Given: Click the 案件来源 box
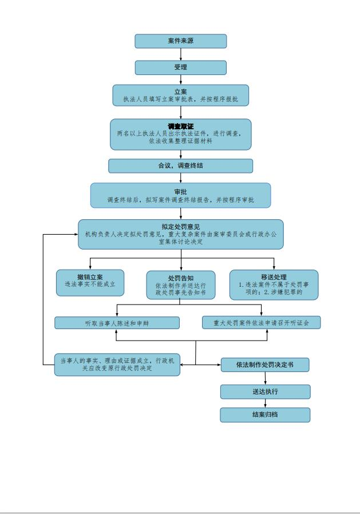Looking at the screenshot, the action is pyautogui.click(x=181, y=41).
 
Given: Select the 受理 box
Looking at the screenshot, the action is pyautogui.click(x=181, y=68).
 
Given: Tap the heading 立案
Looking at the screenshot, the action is pyautogui.click(x=181, y=92).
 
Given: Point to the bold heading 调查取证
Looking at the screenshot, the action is pyautogui.click(x=181, y=126).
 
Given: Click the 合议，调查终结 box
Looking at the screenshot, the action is pyautogui.click(x=181, y=166).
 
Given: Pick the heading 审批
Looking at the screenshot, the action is pyautogui.click(x=181, y=192).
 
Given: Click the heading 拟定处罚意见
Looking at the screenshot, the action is pyautogui.click(x=181, y=227).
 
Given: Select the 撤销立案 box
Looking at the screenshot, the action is pyautogui.click(x=90, y=283).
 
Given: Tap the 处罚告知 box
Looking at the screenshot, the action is pyautogui.click(x=181, y=285).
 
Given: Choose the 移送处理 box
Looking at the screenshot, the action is pyautogui.click(x=274, y=285).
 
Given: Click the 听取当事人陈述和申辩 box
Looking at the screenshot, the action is pyautogui.click(x=117, y=323).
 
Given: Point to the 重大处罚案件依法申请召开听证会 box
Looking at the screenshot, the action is pyautogui.click(x=262, y=323).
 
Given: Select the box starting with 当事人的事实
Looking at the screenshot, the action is pyautogui.click(x=117, y=365).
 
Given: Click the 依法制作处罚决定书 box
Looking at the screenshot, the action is pyautogui.click(x=265, y=365).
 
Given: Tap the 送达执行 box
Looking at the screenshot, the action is pyautogui.click(x=265, y=392).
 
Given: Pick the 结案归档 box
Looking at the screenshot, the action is pyautogui.click(x=265, y=415).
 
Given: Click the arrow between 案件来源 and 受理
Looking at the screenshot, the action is pyautogui.click(x=181, y=54).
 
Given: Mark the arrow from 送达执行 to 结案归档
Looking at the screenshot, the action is pyautogui.click(x=265, y=404).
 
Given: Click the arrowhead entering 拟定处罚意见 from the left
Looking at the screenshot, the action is pyautogui.click(x=76, y=234).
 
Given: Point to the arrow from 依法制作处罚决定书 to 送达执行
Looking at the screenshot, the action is pyautogui.click(x=265, y=378).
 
